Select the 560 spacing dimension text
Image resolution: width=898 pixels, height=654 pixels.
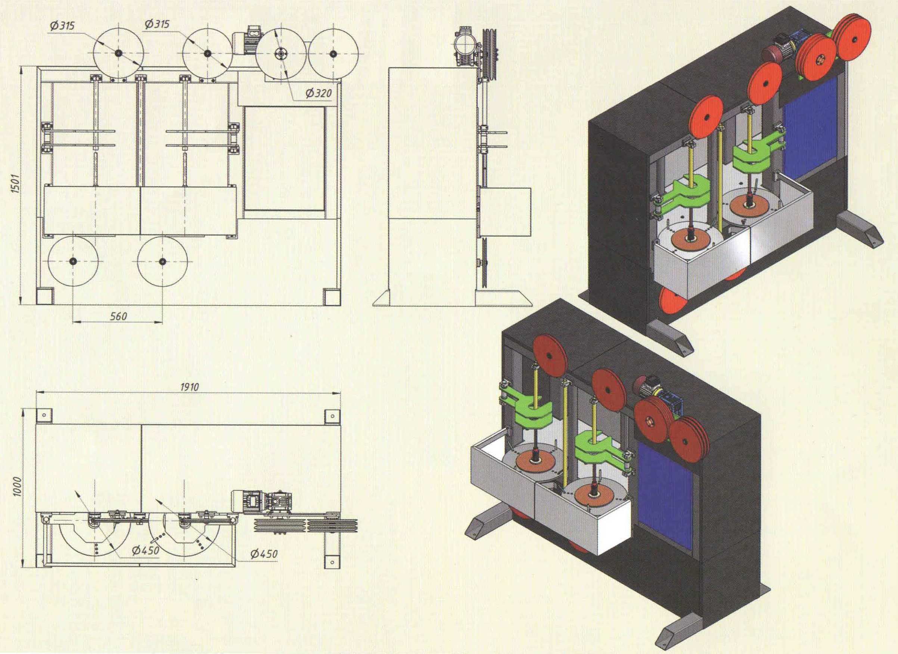(x=118, y=316)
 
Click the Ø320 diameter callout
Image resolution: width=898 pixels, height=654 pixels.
(x=318, y=93)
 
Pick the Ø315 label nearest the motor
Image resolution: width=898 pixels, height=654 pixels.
(x=157, y=24)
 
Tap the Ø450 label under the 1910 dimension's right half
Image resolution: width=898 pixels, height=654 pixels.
(x=264, y=554)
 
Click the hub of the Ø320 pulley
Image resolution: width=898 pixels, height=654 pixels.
(x=281, y=54)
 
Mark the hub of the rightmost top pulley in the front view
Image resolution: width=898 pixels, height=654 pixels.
(x=333, y=53)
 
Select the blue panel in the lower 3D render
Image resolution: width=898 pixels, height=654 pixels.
(x=665, y=495)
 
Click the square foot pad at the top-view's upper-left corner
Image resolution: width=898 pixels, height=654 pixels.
(x=44, y=415)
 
